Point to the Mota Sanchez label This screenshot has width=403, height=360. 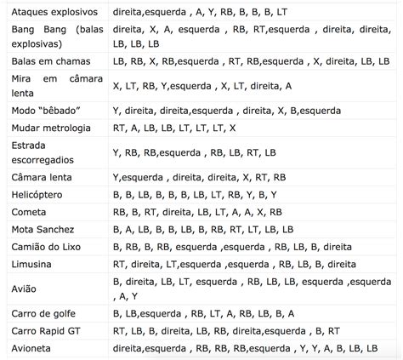(43, 230)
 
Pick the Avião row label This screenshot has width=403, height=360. (26, 289)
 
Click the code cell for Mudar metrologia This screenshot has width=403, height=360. (174, 128)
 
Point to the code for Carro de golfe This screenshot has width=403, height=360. (203, 313)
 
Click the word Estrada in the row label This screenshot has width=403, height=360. (31, 146)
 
